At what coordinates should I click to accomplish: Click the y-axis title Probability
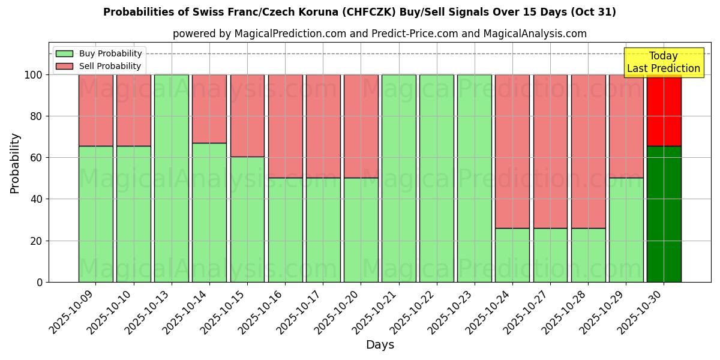point(15,163)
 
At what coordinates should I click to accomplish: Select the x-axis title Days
point(380,345)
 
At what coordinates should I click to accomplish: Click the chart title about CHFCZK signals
point(359,12)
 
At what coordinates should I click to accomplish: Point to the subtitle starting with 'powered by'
point(379,34)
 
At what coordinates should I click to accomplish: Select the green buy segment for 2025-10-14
point(209,212)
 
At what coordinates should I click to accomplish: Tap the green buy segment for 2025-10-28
point(588,255)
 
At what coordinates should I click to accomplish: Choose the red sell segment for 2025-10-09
point(95,110)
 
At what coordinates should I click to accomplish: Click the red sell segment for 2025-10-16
point(285,126)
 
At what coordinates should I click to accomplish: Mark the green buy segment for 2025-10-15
point(247,219)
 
